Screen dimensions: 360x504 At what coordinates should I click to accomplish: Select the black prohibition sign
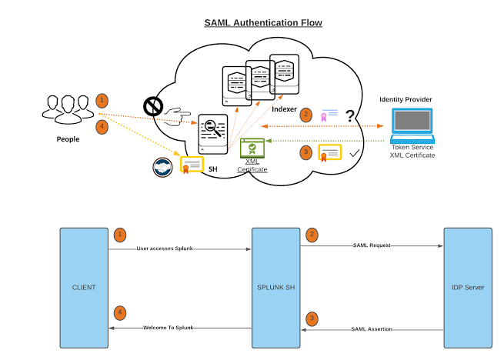152,107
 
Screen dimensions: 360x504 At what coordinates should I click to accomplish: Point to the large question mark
350,115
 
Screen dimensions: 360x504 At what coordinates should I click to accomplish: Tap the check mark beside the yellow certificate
354,154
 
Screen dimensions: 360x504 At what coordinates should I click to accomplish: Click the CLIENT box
84,287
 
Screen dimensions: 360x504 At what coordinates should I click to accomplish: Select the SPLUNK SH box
276,287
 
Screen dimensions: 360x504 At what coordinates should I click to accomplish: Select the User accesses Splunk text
169,248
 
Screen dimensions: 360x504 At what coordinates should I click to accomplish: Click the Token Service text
412,147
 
